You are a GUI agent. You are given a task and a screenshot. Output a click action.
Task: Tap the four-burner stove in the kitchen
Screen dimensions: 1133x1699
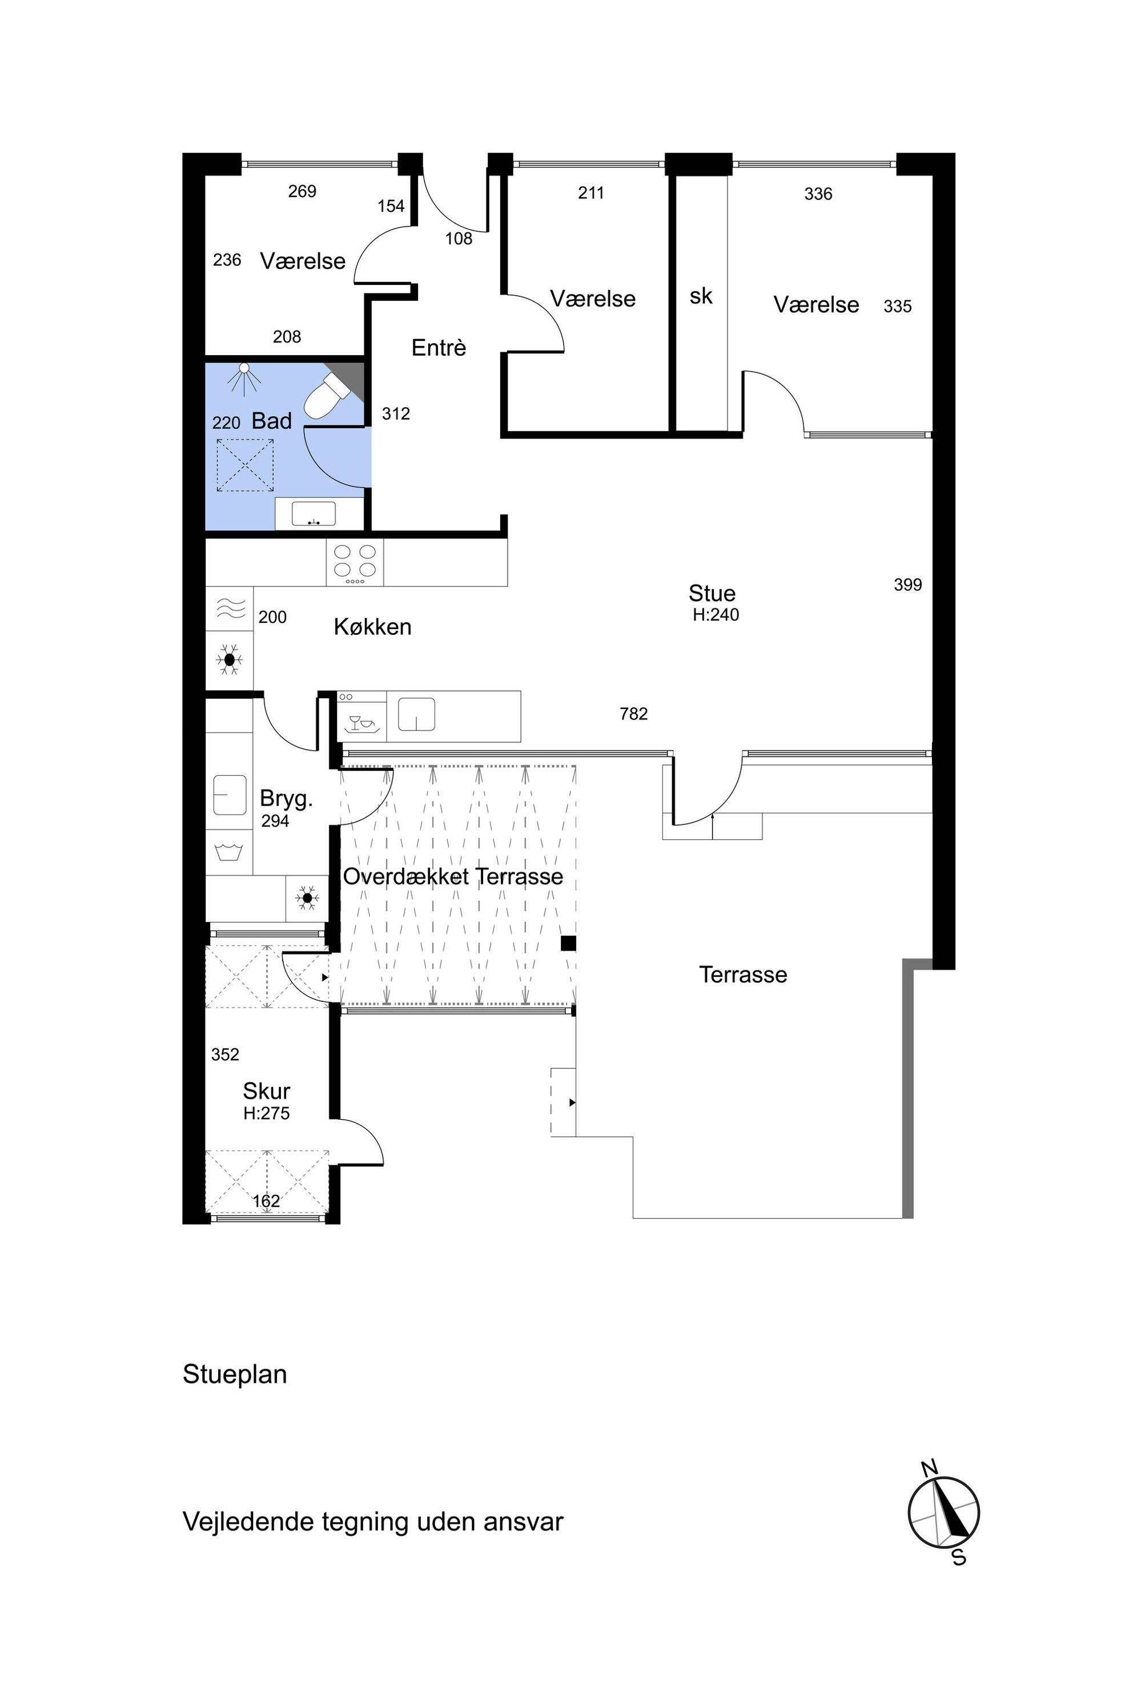pos(355,562)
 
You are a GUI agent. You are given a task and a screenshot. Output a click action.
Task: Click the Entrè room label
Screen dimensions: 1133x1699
pos(439,348)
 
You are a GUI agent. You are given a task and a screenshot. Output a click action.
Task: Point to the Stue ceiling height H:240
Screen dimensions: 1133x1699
pos(716,615)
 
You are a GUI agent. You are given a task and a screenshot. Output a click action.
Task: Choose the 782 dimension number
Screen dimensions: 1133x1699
pos(634,714)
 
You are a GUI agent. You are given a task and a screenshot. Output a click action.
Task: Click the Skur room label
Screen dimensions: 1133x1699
pos(267,1091)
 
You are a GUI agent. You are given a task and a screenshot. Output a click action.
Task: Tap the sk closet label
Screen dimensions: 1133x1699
pos(701,296)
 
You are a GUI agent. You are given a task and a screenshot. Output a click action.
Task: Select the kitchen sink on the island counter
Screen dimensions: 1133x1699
pos(417,714)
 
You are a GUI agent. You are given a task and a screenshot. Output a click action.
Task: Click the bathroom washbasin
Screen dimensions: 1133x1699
pos(314,514)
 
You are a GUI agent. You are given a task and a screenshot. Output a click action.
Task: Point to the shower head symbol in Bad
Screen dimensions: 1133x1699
pos(244,378)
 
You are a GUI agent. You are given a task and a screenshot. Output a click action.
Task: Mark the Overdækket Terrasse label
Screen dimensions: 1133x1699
pos(453,876)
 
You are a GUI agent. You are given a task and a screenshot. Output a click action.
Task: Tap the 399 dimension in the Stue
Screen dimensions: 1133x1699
pos(908,585)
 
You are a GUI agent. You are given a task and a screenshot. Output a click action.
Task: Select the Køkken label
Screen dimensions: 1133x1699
pos(373,626)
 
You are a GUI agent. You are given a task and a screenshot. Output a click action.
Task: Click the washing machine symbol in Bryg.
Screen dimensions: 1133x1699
pos(229,852)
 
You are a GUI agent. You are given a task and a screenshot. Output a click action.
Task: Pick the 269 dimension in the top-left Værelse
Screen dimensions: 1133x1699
pos(302,191)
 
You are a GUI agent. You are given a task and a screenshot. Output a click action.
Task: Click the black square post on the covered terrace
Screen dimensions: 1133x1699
pos(569,943)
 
